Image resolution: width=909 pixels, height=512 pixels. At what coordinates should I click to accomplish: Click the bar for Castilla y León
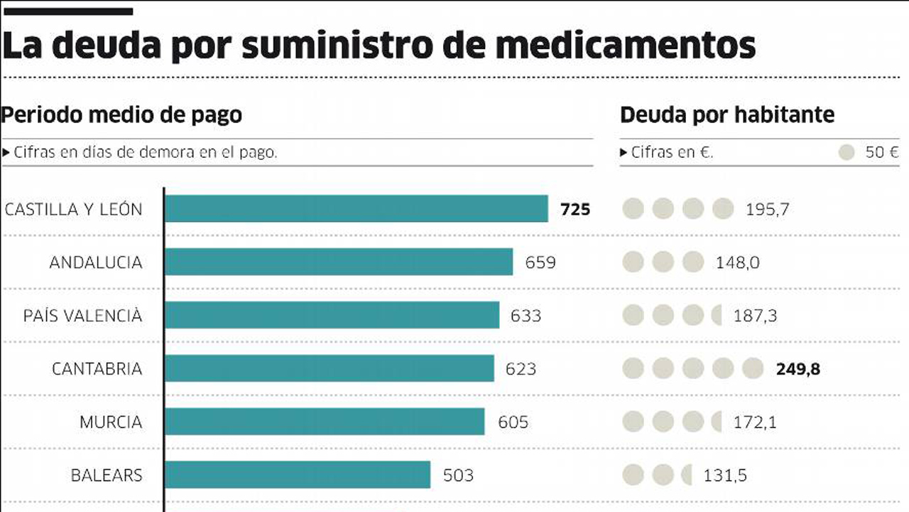[x=356, y=209]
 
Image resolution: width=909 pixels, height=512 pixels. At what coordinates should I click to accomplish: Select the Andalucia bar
[x=338, y=262]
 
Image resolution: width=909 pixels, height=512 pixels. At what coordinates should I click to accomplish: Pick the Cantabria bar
[x=329, y=368]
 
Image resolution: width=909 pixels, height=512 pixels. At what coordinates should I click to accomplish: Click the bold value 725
[x=575, y=209]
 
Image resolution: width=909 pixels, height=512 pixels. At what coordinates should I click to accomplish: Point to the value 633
[x=526, y=315]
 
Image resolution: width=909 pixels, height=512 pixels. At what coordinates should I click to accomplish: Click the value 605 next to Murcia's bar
[x=513, y=422]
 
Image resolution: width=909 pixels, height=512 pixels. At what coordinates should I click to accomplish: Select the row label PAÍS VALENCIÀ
[x=82, y=315]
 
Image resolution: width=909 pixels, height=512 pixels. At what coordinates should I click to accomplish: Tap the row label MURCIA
[x=110, y=422]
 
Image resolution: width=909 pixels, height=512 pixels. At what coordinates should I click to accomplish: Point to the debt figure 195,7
[x=767, y=209]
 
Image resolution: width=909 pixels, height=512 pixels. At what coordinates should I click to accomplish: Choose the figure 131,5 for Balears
[x=724, y=474]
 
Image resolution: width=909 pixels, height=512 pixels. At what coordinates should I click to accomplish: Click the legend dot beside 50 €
[x=846, y=152]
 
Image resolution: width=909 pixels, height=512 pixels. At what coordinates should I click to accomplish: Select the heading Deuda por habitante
[x=727, y=114]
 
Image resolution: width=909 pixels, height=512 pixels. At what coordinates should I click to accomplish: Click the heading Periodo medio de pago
[x=121, y=114]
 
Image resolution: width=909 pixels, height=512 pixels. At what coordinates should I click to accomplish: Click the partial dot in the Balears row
[x=687, y=474]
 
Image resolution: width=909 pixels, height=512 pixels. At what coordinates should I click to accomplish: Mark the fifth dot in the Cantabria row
[x=752, y=368]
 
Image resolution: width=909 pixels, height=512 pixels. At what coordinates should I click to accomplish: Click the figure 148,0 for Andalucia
[x=737, y=262]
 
